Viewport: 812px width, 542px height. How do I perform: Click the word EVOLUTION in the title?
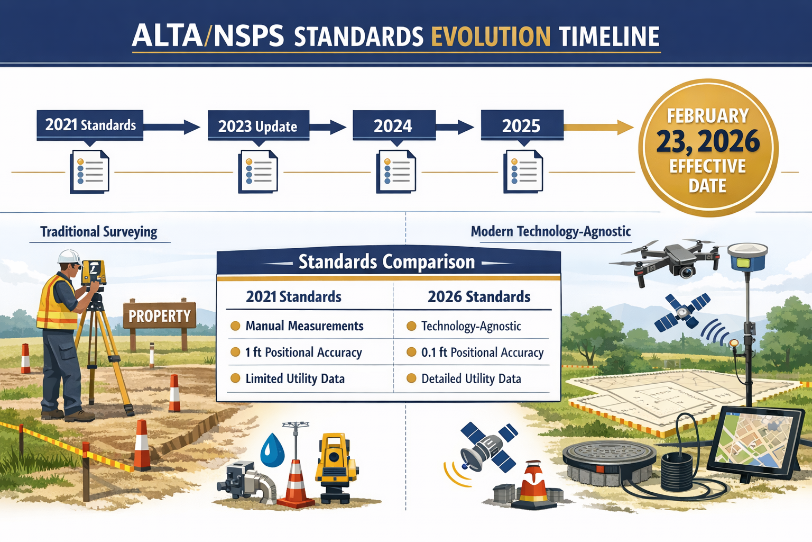(491, 37)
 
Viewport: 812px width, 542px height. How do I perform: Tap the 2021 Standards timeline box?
(90, 125)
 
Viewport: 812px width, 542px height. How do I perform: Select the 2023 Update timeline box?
(258, 126)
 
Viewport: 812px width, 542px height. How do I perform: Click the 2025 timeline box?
(522, 125)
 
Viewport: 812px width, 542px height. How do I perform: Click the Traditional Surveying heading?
(99, 232)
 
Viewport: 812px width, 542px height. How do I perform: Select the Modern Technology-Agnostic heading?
(550, 231)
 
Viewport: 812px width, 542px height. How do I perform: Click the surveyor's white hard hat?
(69, 257)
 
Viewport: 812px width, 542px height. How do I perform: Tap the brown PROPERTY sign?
(160, 316)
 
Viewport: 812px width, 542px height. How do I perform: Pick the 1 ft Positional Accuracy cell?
(303, 353)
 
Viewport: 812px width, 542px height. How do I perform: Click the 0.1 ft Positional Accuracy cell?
(482, 353)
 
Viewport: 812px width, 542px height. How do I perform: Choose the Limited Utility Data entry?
(294, 379)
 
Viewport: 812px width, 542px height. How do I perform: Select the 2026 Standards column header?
(478, 297)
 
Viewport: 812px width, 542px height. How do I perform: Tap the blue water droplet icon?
(273, 450)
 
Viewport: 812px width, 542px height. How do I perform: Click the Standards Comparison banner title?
(386, 262)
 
